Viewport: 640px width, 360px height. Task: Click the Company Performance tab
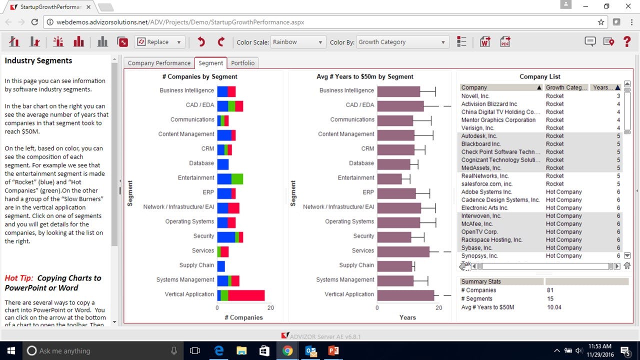click(x=159, y=63)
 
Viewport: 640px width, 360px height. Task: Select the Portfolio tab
click(x=242, y=63)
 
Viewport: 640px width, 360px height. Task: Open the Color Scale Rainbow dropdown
click(x=298, y=42)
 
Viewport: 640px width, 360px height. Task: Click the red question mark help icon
click(x=627, y=42)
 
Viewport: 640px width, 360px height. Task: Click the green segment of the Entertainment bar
click(x=237, y=178)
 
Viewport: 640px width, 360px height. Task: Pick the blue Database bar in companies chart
click(x=222, y=163)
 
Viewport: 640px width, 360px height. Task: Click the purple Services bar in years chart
click(x=403, y=251)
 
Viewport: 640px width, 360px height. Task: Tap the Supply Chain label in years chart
click(x=356, y=265)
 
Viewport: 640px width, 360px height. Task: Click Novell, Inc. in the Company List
click(x=475, y=96)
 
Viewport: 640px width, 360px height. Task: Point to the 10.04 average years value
click(x=554, y=307)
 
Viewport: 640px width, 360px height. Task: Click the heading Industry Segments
click(x=38, y=60)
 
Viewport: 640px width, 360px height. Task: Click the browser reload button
click(x=34, y=22)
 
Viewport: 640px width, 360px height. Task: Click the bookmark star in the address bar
click(x=601, y=22)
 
